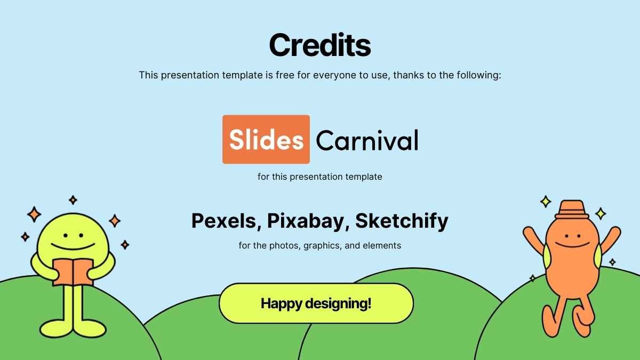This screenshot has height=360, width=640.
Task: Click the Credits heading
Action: point(319,45)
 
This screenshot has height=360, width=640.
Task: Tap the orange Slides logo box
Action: point(266,139)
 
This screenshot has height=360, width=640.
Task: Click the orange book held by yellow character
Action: point(73,273)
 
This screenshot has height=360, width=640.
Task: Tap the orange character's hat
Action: point(571,210)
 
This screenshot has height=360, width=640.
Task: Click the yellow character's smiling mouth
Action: point(73,246)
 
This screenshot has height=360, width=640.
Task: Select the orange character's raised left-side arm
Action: point(534,240)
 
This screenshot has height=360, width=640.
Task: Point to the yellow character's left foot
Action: point(56,329)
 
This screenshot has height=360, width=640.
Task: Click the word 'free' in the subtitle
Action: point(285,75)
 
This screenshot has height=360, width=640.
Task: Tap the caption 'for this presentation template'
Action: point(319,177)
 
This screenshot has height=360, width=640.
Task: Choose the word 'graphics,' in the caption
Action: point(322,246)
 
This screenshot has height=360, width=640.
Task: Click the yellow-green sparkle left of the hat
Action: point(546,202)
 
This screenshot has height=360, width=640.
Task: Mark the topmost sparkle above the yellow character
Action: point(73,200)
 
